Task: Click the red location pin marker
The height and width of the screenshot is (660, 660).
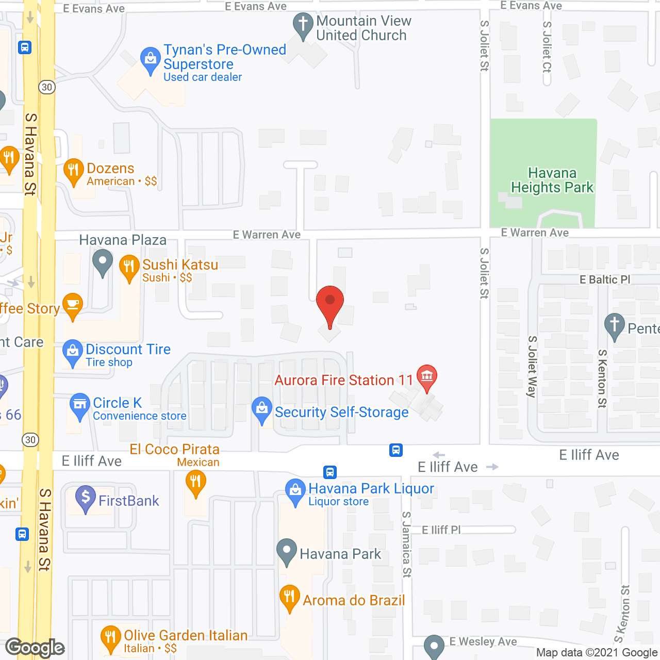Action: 329,301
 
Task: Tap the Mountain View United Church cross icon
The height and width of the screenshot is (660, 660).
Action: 303,24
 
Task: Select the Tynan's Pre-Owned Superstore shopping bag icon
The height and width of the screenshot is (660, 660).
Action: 150,59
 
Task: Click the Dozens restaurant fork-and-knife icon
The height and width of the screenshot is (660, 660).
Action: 73,170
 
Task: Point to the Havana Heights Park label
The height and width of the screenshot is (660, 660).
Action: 552,180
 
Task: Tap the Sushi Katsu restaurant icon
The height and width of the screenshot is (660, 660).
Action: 129,267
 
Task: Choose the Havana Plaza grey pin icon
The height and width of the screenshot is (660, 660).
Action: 103,261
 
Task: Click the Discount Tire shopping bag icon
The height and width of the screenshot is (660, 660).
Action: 73,351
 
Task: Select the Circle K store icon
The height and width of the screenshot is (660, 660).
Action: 80,404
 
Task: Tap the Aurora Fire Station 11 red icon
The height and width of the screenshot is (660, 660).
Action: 426,376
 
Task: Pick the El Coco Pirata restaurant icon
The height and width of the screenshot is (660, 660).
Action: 195,483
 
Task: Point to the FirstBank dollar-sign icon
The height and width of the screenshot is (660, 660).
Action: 86,498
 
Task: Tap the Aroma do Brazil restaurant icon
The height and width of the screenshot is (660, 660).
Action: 290,597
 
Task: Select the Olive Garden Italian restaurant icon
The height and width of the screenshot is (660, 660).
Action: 110,637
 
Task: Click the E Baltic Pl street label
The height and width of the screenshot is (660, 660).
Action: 605,279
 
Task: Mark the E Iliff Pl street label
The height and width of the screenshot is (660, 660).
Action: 441,530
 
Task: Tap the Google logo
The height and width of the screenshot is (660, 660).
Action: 35,648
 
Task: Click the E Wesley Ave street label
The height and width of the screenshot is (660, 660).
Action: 483,641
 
